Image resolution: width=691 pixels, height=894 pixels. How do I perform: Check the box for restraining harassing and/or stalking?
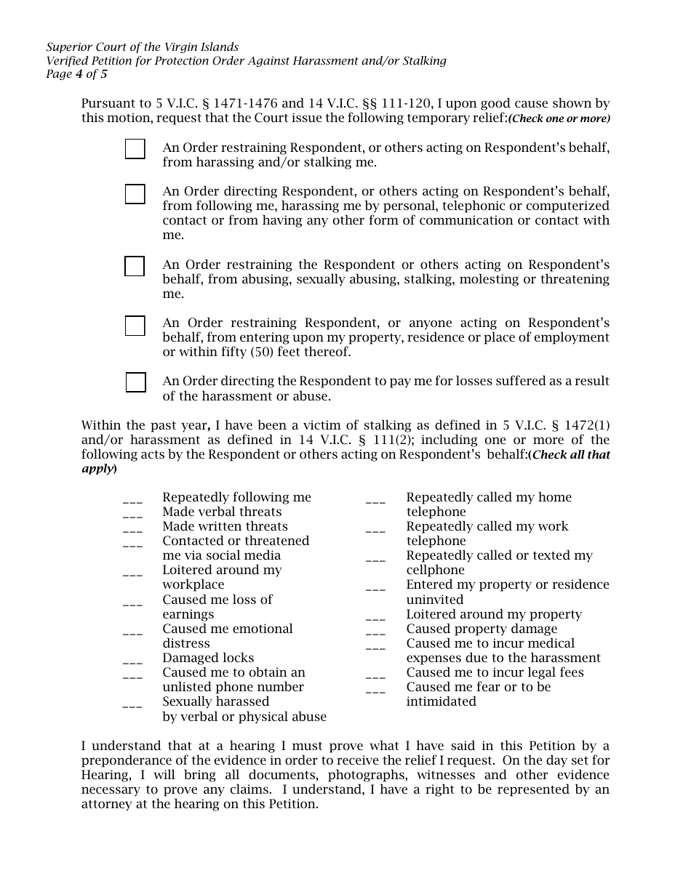[135, 149]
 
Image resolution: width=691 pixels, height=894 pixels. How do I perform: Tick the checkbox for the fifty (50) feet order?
[135, 326]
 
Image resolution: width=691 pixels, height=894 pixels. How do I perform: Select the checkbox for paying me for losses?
[135, 382]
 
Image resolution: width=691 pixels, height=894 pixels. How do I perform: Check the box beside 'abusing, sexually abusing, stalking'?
[135, 267]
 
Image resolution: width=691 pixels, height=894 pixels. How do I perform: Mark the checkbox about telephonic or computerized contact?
[135, 194]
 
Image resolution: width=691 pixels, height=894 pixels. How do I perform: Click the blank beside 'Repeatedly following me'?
[132, 499]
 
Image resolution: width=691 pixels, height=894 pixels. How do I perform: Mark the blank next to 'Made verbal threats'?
[132, 514]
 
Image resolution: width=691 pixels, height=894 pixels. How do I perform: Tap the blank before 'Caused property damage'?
[375, 631]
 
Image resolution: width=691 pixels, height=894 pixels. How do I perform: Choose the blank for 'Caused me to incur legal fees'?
[375, 674]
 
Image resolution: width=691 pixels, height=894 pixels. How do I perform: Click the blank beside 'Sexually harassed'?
[132, 704]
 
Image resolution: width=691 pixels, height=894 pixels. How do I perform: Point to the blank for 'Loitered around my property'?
[375, 616]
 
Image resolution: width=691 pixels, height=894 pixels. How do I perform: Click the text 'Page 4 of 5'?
[76, 73]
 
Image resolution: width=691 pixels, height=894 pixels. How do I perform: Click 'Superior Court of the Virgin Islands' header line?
[142, 47]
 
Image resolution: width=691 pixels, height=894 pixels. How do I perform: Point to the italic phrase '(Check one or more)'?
[559, 119]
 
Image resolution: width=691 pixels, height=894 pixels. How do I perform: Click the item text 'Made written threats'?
[225, 526]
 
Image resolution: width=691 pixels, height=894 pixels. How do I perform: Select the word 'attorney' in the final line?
[107, 805]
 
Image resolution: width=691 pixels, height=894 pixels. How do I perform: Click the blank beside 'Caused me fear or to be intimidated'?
[375, 689]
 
